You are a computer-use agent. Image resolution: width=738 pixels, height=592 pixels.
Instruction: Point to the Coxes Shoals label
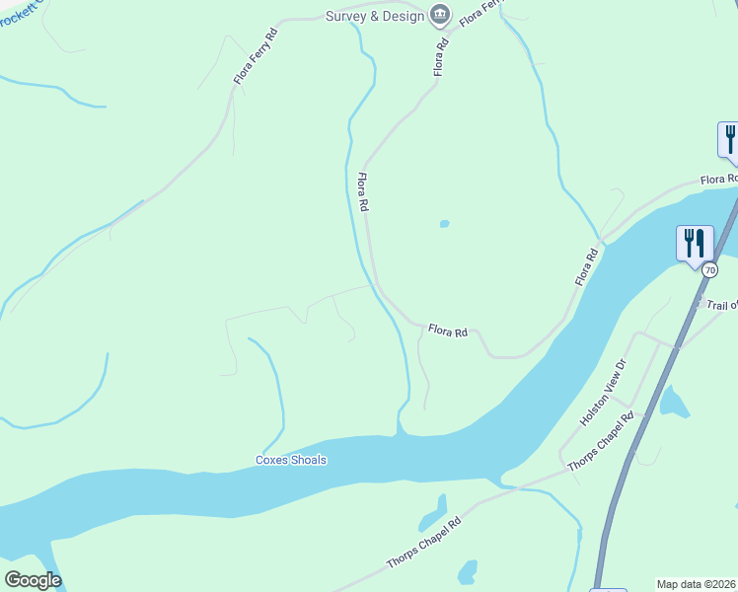tap(290, 460)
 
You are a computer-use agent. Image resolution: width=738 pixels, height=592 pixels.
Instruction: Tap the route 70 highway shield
tap(709, 267)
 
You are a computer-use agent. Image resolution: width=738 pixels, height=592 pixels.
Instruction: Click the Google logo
tap(33, 580)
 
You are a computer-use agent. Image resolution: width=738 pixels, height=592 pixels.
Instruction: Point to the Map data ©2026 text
tap(697, 584)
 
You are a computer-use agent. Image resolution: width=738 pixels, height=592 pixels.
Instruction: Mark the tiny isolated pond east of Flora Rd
tap(444, 224)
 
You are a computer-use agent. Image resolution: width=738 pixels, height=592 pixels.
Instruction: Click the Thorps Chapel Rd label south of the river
tap(424, 544)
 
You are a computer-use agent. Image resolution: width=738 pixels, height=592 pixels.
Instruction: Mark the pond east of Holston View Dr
tap(674, 402)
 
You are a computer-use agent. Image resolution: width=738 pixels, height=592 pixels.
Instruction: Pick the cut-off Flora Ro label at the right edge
tap(718, 180)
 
